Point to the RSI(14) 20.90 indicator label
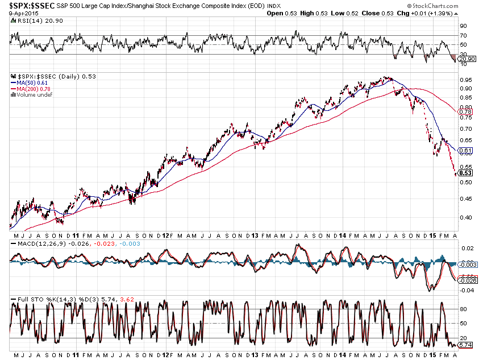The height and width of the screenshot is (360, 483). (x=28, y=20)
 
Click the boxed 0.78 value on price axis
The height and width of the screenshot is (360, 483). (x=465, y=112)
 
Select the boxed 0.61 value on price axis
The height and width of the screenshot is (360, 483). (x=465, y=151)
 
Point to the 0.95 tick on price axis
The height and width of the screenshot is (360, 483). (x=465, y=79)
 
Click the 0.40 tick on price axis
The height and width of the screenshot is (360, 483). (x=465, y=217)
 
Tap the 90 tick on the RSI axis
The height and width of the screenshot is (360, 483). (x=463, y=26)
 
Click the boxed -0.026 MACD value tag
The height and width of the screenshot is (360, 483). (x=467, y=280)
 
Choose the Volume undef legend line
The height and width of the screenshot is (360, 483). (x=32, y=94)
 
